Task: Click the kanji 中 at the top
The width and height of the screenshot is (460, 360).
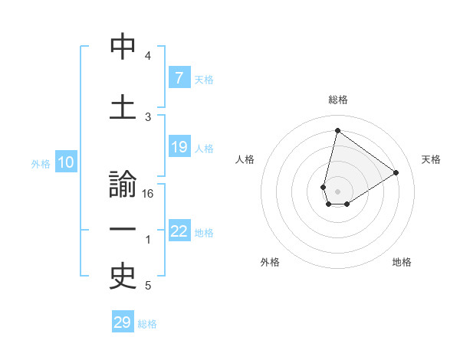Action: tap(123, 47)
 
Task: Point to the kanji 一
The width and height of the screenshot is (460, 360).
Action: tap(123, 230)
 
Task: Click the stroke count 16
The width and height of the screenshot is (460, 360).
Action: tap(148, 193)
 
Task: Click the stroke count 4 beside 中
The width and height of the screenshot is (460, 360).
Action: tap(148, 56)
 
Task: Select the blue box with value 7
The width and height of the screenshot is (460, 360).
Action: tap(179, 77)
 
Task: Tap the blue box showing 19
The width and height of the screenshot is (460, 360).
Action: tap(179, 147)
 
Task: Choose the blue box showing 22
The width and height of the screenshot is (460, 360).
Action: tap(179, 231)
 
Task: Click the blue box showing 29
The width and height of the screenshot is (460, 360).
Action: tap(123, 322)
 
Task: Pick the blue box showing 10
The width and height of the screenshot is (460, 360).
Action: tap(65, 162)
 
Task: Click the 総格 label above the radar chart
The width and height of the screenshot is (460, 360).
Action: tap(337, 100)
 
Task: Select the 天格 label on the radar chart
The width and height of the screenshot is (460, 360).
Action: tap(431, 159)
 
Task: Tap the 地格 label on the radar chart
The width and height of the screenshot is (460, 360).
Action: tap(402, 262)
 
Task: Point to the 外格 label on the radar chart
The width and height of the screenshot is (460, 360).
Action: tap(270, 262)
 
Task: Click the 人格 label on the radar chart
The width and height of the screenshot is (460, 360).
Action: tap(245, 159)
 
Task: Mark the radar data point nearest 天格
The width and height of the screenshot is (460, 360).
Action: tap(396, 172)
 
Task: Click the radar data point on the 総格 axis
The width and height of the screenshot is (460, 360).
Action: tap(337, 130)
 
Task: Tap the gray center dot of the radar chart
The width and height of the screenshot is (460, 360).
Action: tap(337, 191)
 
